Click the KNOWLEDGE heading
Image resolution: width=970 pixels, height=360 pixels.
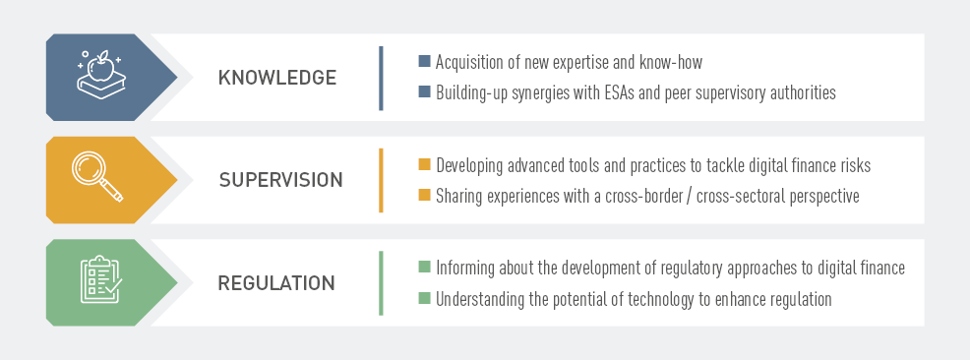click(x=277, y=78)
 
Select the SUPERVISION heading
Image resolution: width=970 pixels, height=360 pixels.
click(x=280, y=180)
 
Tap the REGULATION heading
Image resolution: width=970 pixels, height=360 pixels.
click(x=275, y=282)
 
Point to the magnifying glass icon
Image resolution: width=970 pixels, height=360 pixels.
click(x=97, y=176)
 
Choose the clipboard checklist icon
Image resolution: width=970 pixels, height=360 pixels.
click(x=101, y=279)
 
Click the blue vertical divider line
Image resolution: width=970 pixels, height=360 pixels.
click(x=381, y=78)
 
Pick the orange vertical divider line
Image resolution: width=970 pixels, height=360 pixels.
click(x=381, y=181)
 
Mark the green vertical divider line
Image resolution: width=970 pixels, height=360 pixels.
click(x=381, y=283)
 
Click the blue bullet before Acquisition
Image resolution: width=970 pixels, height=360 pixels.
click(x=424, y=61)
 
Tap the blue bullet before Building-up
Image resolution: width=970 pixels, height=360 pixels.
click(x=424, y=91)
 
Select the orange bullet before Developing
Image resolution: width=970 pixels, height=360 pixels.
click(x=424, y=164)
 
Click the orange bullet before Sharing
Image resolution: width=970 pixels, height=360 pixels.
click(x=424, y=195)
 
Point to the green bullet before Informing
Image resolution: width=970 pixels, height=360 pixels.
click(x=424, y=268)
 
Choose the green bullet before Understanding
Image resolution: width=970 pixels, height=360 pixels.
click(x=424, y=297)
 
